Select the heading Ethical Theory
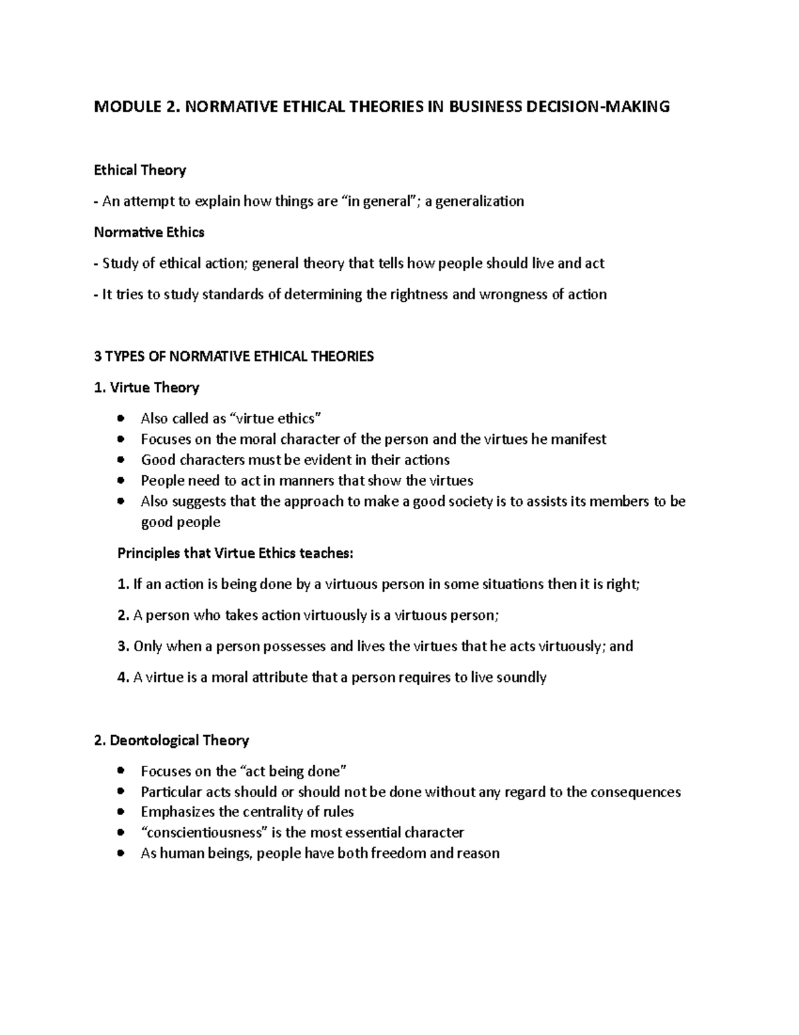(140, 171)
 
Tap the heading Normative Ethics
(149, 233)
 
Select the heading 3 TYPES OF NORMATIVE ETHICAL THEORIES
(234, 357)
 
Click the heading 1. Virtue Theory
(146, 388)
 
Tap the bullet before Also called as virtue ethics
(120, 419)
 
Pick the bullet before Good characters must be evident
(120, 461)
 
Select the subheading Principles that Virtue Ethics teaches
(236, 553)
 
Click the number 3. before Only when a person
(123, 646)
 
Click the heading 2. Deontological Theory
(172, 740)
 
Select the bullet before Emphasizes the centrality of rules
(120, 812)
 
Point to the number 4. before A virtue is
(123, 678)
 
